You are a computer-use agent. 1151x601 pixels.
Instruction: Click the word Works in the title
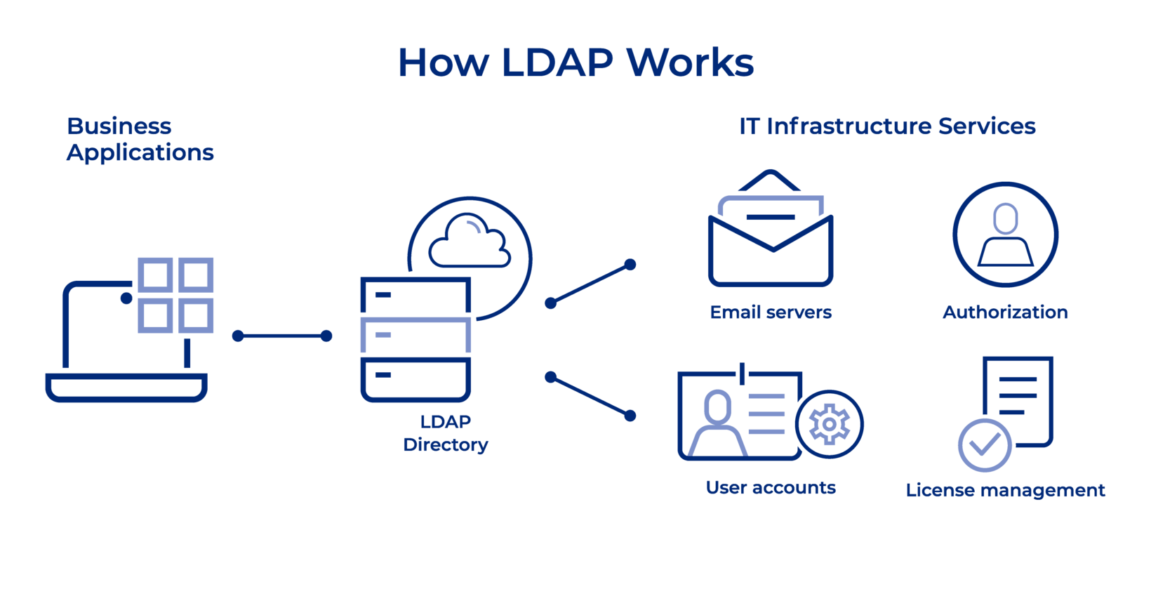click(691, 63)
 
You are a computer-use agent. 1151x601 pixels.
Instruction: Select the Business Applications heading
click(140, 139)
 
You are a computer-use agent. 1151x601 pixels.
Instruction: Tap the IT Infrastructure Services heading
click(887, 126)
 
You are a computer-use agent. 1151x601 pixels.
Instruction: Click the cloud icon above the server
click(470, 242)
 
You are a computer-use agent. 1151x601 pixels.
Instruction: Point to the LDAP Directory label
click(446, 433)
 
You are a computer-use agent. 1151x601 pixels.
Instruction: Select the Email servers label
click(771, 312)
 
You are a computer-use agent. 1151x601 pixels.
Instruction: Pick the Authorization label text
click(1005, 312)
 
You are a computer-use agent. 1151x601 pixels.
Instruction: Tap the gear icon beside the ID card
click(830, 424)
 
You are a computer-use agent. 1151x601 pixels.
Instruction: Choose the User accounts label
click(771, 488)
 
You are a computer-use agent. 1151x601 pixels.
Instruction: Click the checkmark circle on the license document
click(985, 445)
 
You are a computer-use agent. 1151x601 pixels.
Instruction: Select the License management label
click(1005, 490)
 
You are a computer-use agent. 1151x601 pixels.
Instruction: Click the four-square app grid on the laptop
click(175, 295)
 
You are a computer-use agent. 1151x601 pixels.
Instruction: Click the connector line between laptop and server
click(282, 336)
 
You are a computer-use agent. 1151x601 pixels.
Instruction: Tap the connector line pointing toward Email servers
click(590, 284)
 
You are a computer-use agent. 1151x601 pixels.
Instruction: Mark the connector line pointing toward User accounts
click(590, 397)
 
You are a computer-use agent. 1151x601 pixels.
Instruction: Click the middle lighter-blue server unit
click(415, 335)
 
